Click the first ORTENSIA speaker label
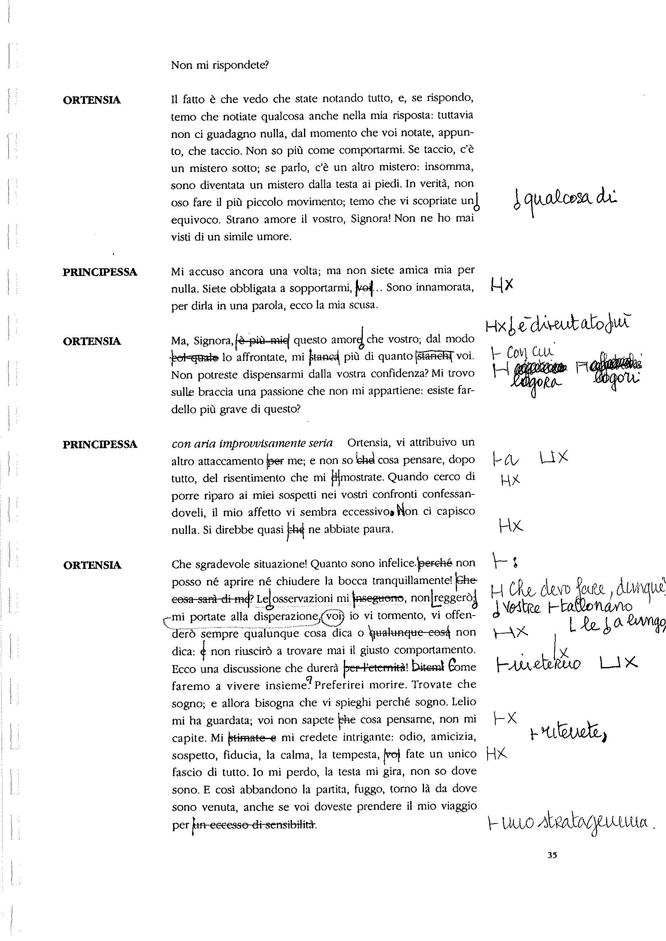coord(92,100)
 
